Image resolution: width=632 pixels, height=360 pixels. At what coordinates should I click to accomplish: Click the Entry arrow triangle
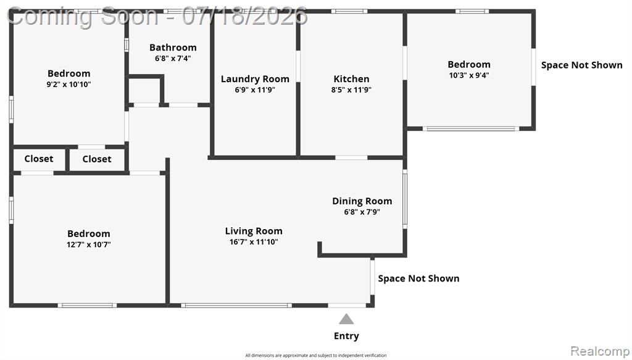(346, 319)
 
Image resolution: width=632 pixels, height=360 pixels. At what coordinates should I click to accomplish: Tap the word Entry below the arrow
(346, 336)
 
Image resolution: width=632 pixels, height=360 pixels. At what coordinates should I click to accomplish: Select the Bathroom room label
(173, 48)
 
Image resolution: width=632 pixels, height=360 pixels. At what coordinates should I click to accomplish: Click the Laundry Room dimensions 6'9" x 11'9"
(255, 90)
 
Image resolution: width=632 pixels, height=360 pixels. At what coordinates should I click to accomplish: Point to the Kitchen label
(351, 78)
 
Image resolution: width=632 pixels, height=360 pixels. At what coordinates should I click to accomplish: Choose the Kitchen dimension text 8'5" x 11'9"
(351, 90)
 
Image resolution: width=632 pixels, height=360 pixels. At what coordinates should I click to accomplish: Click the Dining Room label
(362, 201)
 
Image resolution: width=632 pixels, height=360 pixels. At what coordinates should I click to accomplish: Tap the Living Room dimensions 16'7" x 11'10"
(254, 242)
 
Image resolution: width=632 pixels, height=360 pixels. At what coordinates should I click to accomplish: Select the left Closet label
(39, 159)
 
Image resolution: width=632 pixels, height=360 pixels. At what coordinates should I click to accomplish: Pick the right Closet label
(97, 159)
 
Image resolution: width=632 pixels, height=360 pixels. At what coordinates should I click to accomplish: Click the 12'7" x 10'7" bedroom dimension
(89, 245)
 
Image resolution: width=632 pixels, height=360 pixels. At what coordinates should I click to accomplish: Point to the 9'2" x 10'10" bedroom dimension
(69, 84)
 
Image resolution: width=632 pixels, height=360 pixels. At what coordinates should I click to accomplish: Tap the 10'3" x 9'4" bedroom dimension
(469, 75)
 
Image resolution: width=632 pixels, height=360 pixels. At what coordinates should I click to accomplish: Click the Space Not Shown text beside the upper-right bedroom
(581, 65)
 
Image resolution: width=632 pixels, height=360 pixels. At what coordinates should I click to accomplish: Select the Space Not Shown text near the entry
(418, 278)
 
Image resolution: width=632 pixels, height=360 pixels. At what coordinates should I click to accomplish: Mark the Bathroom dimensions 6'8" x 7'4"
(173, 59)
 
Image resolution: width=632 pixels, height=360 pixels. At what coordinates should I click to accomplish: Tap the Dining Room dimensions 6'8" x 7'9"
(362, 212)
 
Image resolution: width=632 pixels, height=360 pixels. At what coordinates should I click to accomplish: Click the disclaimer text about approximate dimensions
(316, 355)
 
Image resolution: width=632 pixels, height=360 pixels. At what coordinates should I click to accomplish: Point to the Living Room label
(254, 231)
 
